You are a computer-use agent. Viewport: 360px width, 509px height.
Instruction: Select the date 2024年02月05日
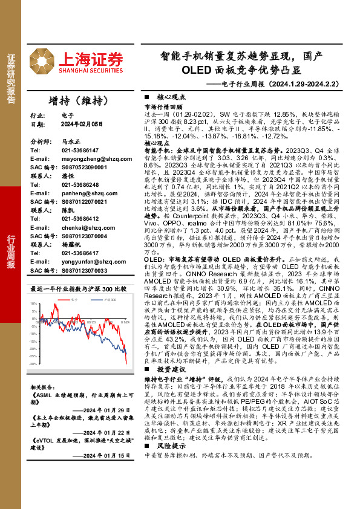pos(83,124)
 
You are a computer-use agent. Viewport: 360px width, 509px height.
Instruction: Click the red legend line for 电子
pos(65,299)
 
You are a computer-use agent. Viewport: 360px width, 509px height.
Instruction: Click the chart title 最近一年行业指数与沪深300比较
pos(79,288)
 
